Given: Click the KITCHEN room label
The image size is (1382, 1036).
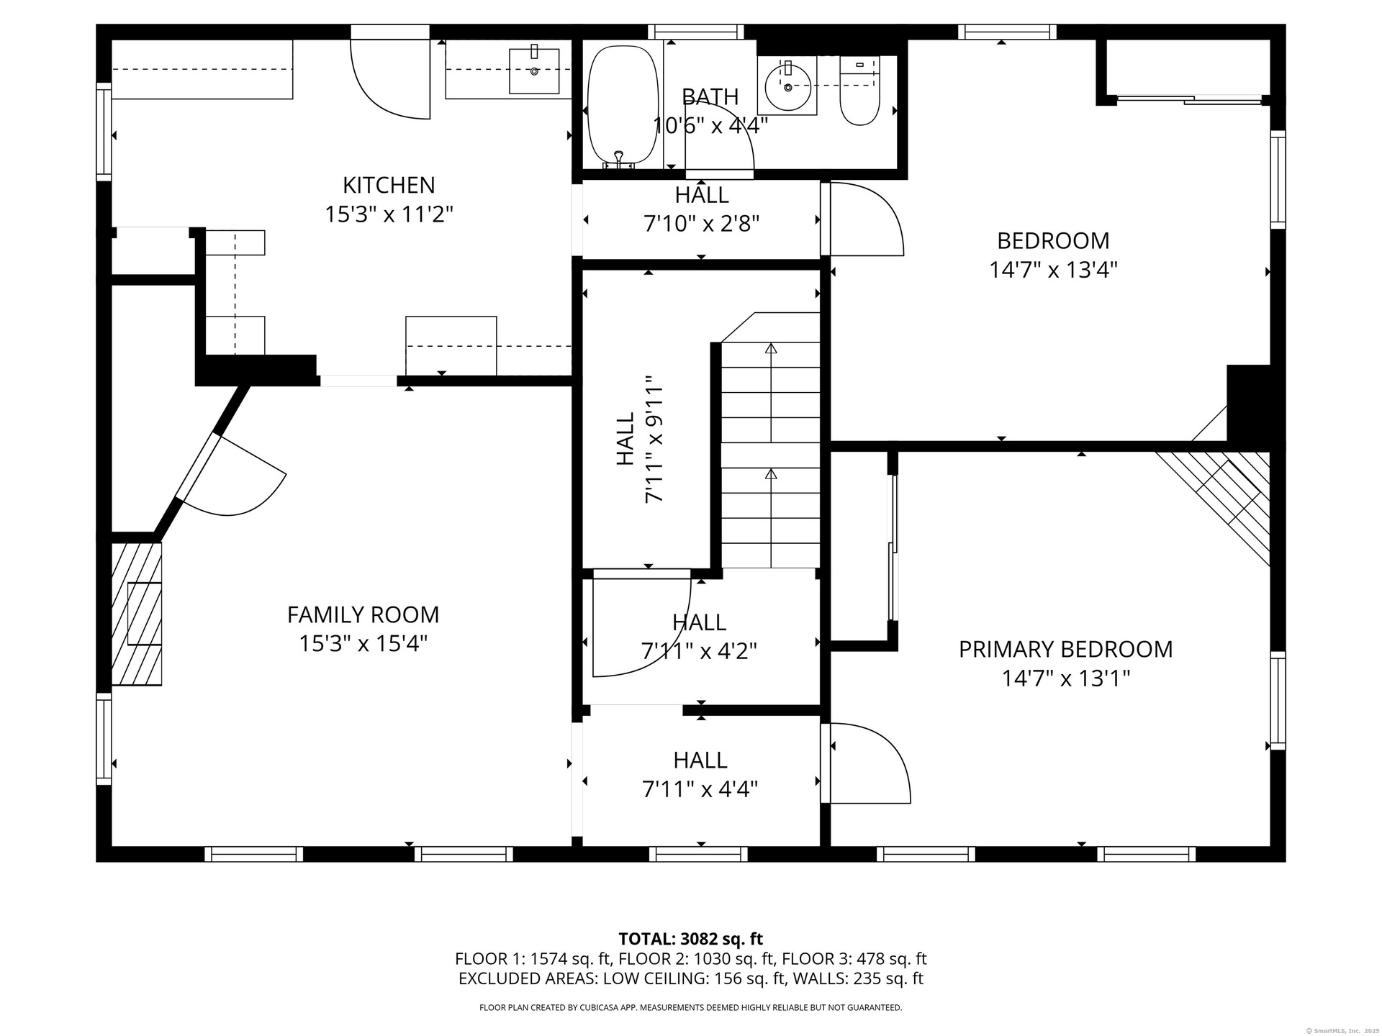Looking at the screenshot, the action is point(389,186).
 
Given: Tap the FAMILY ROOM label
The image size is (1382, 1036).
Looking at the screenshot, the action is point(363,615).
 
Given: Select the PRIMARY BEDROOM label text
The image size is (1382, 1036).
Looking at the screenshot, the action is point(1066,650).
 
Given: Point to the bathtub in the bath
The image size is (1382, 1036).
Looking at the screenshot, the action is point(623,108).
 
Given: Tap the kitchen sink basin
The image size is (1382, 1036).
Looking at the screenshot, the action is point(534,71).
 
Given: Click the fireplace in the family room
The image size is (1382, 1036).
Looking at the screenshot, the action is point(137,613).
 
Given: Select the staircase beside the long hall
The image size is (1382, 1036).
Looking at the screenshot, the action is point(770,440).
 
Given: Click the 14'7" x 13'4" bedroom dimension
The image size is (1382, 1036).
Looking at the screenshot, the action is point(1053,270).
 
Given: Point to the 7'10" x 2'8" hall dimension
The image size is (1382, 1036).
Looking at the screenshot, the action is point(702,224).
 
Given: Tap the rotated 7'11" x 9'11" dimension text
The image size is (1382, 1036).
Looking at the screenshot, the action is point(654,439).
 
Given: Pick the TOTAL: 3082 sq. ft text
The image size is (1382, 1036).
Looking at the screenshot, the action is point(691,939).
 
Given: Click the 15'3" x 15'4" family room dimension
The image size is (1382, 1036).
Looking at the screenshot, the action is point(363,643).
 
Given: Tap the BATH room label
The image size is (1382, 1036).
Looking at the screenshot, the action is point(710,96).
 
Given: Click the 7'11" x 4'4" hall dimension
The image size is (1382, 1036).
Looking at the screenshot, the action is point(700,789).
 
